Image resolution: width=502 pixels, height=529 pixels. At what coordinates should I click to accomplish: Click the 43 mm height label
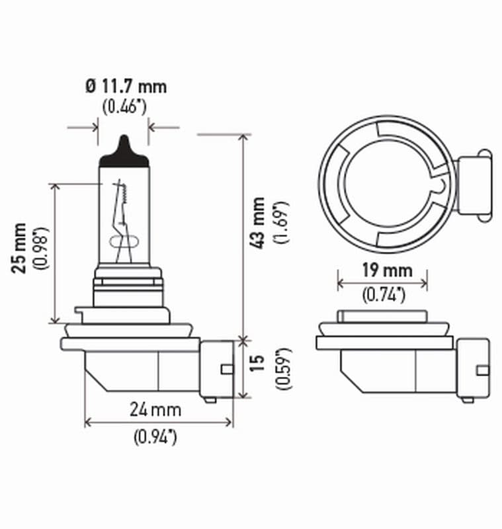[x=259, y=223]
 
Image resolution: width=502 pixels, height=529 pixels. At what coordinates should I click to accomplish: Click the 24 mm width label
[x=155, y=409]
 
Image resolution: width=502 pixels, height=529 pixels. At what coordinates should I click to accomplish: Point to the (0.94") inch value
[x=155, y=436]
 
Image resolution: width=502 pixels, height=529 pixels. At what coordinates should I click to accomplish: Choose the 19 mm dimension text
[x=383, y=270]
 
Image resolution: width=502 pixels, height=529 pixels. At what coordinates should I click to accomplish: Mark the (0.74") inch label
[x=383, y=296]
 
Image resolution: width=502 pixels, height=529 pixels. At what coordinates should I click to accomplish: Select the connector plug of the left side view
[x=217, y=368]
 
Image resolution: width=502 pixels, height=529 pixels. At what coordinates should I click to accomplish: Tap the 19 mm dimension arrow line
[x=382, y=283]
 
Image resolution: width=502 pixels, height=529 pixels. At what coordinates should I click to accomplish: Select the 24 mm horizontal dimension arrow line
[x=158, y=422]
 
